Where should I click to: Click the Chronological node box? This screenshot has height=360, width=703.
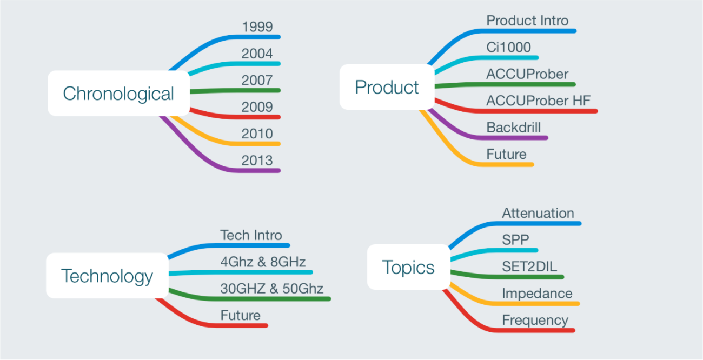[118, 94]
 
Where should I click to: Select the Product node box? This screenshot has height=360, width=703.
[387, 87]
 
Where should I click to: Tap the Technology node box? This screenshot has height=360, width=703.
[107, 276]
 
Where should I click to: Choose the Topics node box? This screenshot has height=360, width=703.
[408, 267]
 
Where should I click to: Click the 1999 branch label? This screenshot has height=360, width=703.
[257, 26]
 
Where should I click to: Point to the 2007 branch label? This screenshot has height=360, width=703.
[257, 80]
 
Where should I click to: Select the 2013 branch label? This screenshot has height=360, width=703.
[257, 160]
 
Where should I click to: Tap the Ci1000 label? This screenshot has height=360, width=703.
[508, 47]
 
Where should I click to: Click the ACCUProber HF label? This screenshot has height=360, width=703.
[538, 101]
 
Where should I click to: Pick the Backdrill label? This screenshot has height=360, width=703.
[513, 128]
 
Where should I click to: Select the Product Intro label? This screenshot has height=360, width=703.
[527, 21]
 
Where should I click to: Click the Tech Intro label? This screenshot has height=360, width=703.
[251, 235]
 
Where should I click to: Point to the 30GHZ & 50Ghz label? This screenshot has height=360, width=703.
[271, 288]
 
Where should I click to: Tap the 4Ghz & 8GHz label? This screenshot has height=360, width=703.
[263, 262]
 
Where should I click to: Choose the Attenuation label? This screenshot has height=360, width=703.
[538, 213]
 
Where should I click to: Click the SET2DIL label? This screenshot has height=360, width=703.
[529, 266]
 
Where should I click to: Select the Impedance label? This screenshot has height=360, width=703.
[536, 294]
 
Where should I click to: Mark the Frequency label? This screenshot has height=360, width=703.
[535, 320]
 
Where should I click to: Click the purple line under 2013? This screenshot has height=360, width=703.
[254, 170]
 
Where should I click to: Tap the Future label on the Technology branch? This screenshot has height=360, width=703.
[240, 315]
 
